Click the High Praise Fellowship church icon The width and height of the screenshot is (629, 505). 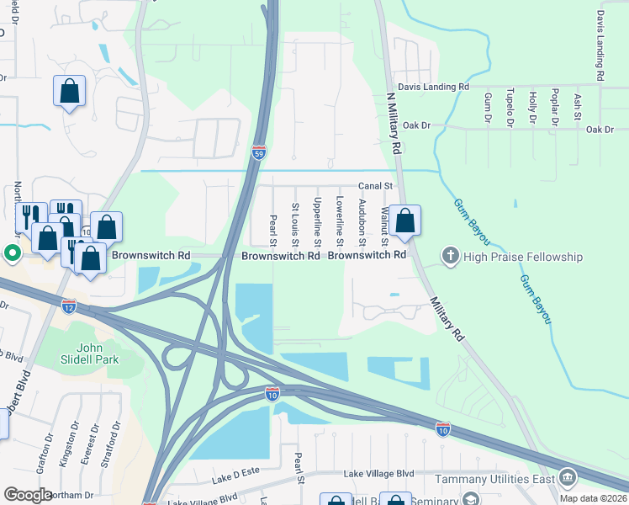451,256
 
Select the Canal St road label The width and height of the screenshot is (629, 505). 376,185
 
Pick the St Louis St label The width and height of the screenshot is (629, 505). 295,219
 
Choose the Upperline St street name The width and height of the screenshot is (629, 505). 317,217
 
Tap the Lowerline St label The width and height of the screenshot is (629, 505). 340,216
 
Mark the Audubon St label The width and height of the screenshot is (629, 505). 362,217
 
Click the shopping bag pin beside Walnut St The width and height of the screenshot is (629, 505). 405,221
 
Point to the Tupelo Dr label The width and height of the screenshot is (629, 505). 510,109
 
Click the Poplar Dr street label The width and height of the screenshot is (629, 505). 555,107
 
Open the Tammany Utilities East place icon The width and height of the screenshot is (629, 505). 567,478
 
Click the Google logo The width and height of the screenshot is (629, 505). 28,495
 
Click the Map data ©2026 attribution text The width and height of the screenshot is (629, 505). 591,498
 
